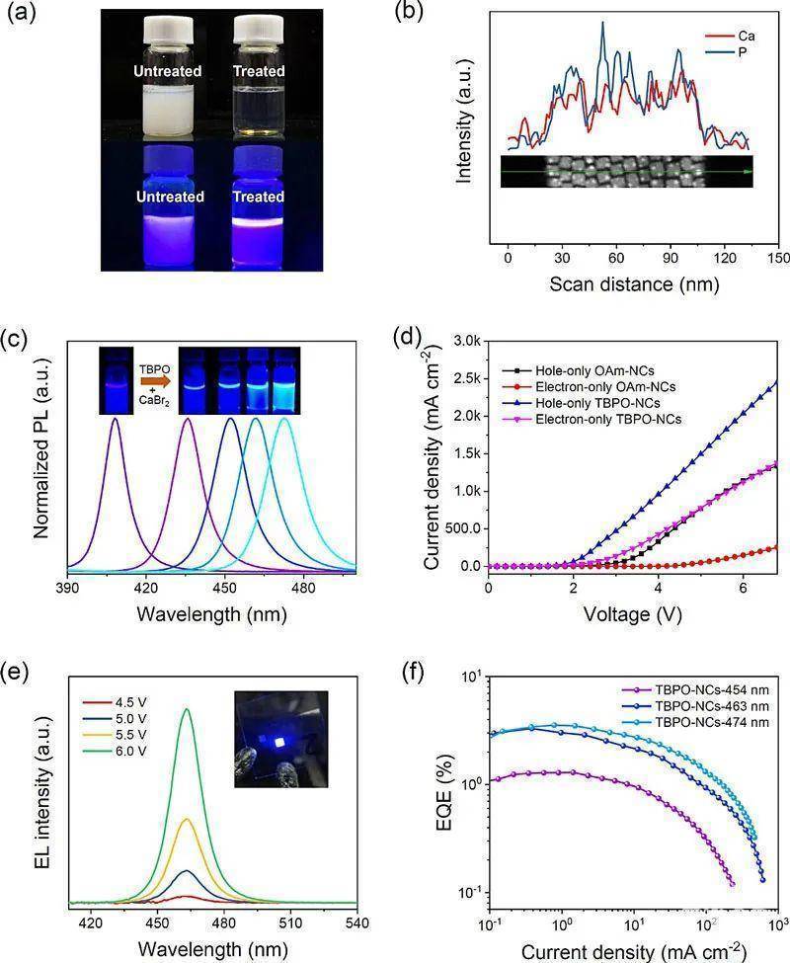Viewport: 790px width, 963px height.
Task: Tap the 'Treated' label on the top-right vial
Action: pyautogui.click(x=259, y=71)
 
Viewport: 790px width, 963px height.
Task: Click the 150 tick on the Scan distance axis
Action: pyautogui.click(x=777, y=257)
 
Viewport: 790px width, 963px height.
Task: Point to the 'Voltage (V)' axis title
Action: pyautogui.click(x=632, y=614)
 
